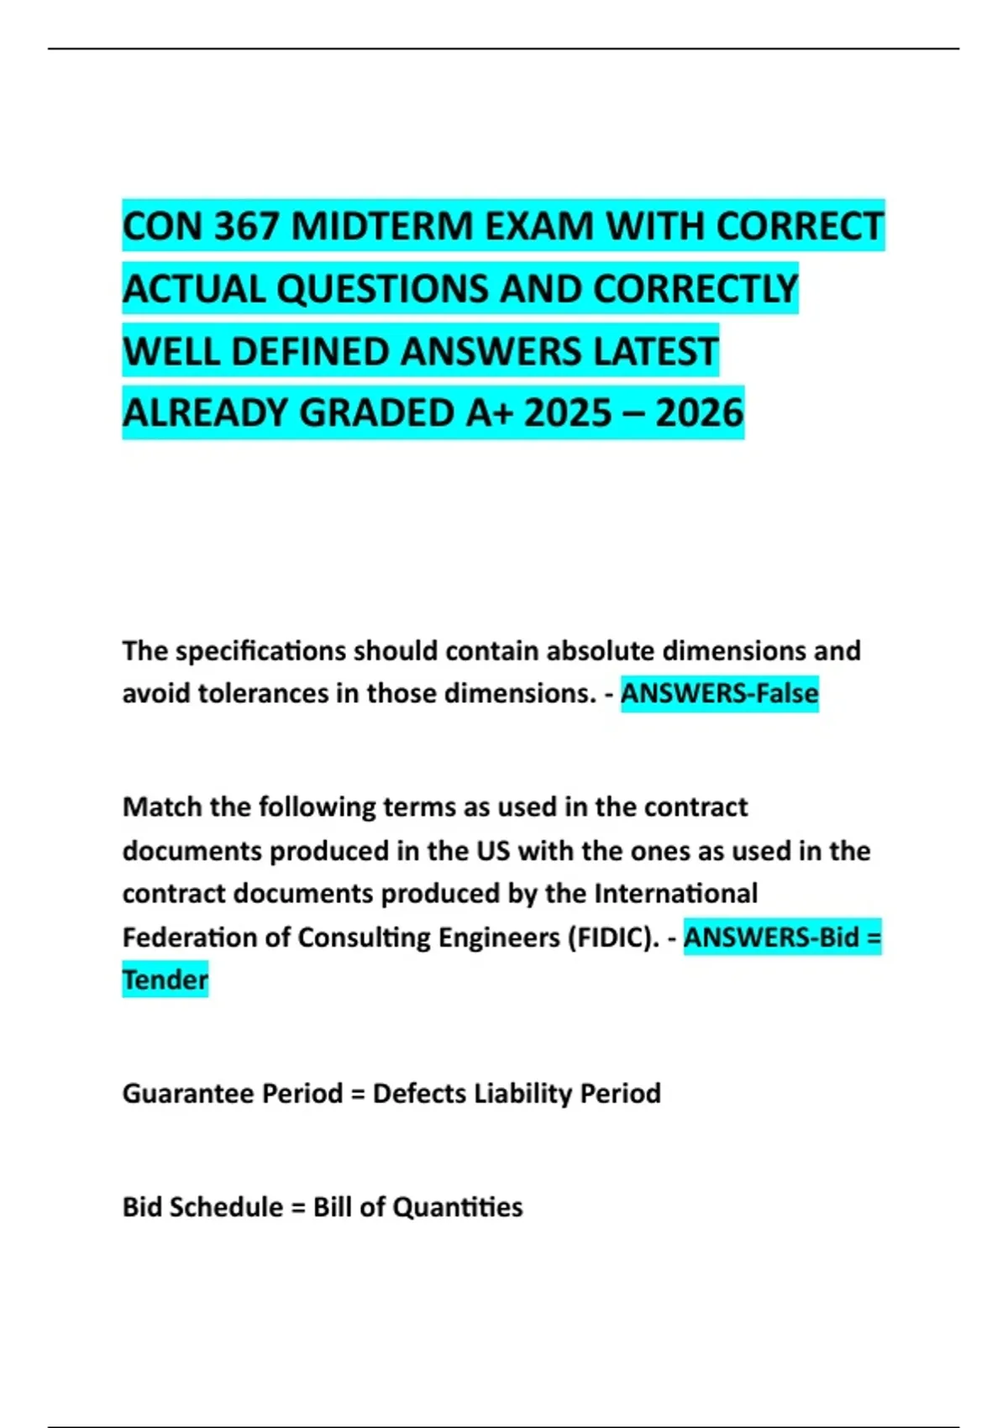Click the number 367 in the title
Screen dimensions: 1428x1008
pos(245,227)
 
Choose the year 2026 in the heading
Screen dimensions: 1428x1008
pos(699,413)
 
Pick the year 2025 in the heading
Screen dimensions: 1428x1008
pos(568,413)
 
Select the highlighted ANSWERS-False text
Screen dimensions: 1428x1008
pos(719,694)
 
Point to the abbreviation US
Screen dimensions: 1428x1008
pos(493,851)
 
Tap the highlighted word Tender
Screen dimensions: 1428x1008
pos(165,980)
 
